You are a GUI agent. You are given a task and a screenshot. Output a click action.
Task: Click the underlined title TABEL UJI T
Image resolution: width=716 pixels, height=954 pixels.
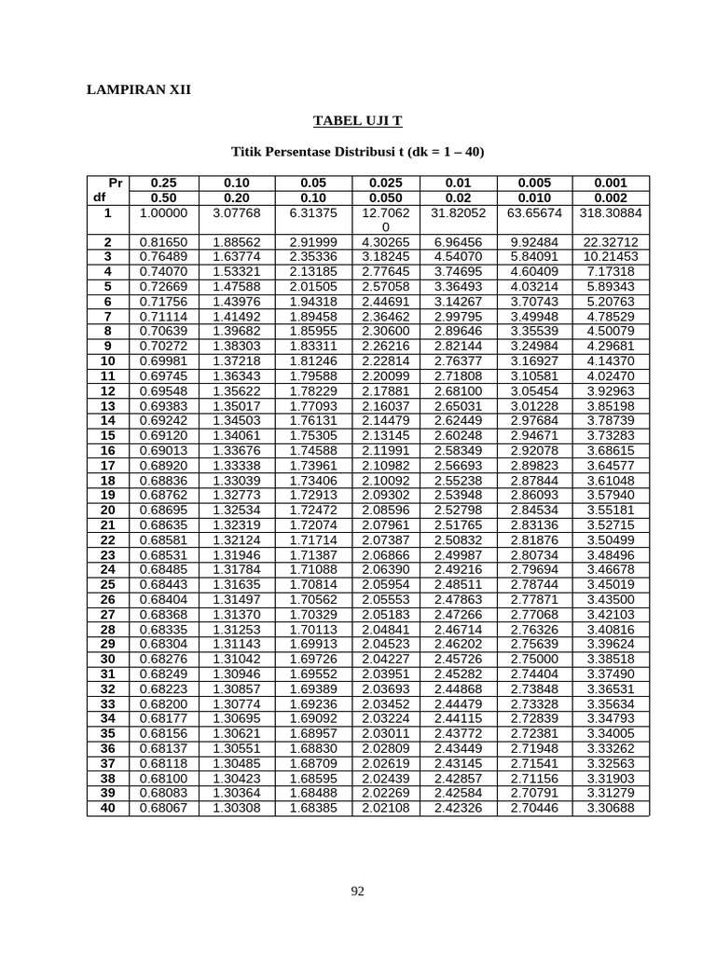(357, 121)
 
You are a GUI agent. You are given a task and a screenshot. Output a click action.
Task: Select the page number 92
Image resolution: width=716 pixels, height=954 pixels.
(357, 892)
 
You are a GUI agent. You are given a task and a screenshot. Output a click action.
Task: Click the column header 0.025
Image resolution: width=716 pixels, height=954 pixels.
(385, 184)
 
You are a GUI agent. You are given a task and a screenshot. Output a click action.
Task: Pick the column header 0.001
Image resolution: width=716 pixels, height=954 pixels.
(611, 184)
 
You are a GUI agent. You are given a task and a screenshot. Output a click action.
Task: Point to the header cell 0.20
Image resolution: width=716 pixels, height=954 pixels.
(237, 198)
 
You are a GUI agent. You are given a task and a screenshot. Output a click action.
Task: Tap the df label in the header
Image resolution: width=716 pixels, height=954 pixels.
(100, 198)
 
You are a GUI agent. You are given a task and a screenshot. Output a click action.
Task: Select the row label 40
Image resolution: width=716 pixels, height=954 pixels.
(108, 808)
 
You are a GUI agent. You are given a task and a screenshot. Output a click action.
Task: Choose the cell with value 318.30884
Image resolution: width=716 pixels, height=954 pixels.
(611, 213)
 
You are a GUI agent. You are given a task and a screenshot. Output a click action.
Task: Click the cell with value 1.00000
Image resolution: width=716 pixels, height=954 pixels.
(163, 213)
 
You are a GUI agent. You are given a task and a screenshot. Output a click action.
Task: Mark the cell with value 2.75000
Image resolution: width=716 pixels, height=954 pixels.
(534, 659)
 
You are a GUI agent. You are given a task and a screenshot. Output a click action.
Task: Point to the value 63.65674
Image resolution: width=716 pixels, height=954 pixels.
(534, 213)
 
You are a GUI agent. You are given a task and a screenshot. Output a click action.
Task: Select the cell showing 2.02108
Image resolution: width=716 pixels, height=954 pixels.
(385, 808)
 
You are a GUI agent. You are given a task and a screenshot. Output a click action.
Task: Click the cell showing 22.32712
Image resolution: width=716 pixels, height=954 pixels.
(611, 241)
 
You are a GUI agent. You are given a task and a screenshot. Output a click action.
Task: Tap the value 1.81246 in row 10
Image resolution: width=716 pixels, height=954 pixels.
(312, 361)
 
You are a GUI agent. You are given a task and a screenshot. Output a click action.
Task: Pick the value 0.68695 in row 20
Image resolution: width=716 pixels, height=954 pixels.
(163, 510)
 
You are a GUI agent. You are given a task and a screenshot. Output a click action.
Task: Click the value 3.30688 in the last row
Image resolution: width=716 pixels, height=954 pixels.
(611, 808)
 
